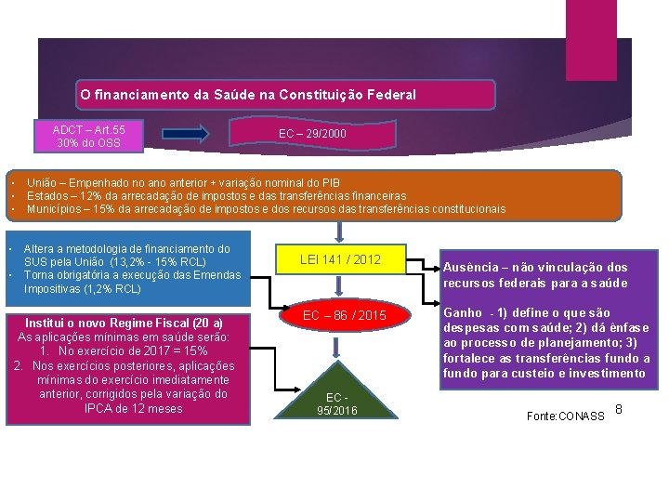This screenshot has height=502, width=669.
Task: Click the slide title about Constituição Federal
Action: coord(248,95)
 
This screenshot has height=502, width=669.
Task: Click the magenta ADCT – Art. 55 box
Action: coord(89,136)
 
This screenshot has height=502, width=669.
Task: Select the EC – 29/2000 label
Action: coord(313,135)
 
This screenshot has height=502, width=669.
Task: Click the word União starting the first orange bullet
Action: coord(43,183)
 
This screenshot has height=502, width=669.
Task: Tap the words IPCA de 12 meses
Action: coord(134,408)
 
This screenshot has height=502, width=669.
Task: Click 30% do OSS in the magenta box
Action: coord(88,143)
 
